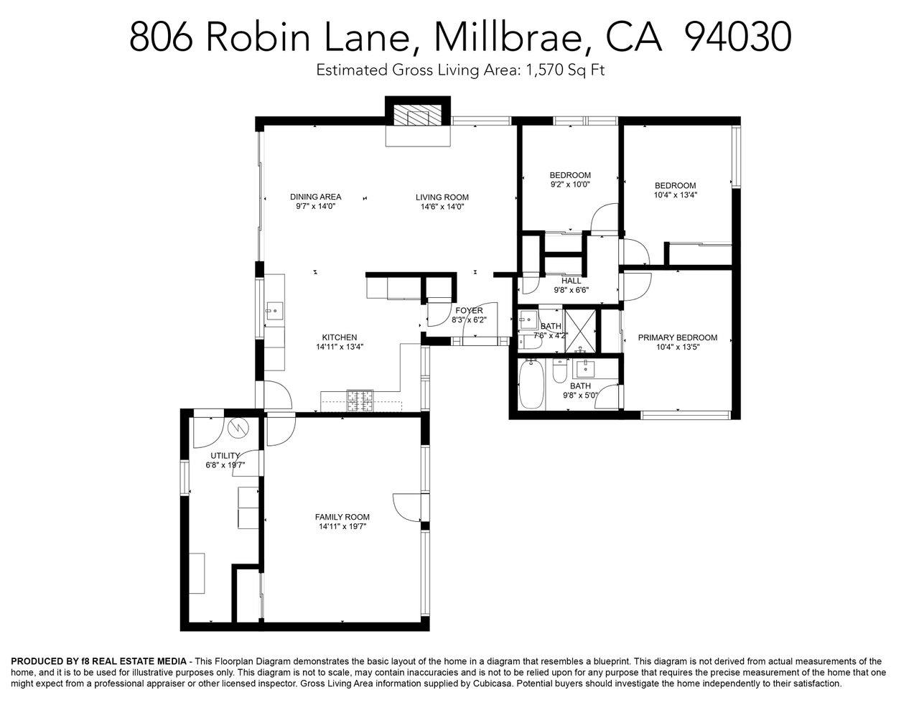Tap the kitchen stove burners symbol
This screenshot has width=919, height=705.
[x=360, y=401]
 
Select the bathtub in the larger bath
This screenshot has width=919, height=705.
[x=531, y=384]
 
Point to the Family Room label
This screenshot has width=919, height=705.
[x=342, y=517]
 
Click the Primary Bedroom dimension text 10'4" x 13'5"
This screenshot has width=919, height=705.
[x=678, y=347]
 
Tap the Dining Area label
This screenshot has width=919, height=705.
[x=315, y=197]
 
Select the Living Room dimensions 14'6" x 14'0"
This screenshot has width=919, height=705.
[x=442, y=207]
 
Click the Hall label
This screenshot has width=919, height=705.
[x=572, y=281]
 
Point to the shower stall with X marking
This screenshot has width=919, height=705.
[x=580, y=331]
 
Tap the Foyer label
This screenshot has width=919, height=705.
[x=469, y=310]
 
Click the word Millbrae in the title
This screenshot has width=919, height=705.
[x=508, y=37]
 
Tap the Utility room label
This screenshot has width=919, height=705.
[x=225, y=455]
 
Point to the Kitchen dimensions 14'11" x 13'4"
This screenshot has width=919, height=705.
[x=340, y=347]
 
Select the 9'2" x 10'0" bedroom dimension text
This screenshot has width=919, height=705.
[x=570, y=185]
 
